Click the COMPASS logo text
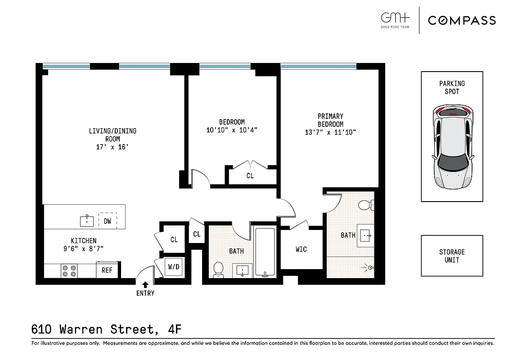(x=462, y=20)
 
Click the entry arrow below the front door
(x=145, y=284)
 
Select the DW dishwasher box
(x=108, y=221)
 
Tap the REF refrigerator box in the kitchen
(x=107, y=270)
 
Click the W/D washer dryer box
(x=174, y=267)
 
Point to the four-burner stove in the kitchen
(x=70, y=270)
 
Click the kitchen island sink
(x=86, y=221)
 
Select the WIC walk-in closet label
(x=301, y=249)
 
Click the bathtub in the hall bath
(x=265, y=252)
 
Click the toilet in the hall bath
(x=218, y=269)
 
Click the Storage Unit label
(x=452, y=256)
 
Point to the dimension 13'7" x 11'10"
(x=330, y=132)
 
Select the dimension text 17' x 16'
(x=113, y=147)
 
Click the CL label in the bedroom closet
(x=250, y=176)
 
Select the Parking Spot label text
(x=452, y=87)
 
